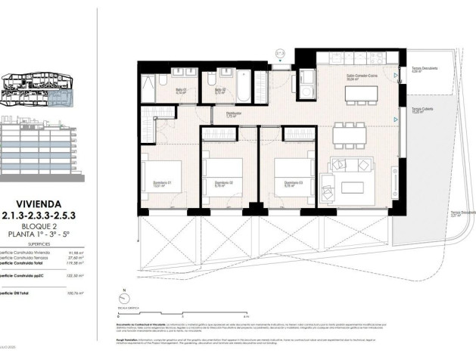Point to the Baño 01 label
point(181,90)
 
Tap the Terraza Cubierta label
point(422,110)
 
